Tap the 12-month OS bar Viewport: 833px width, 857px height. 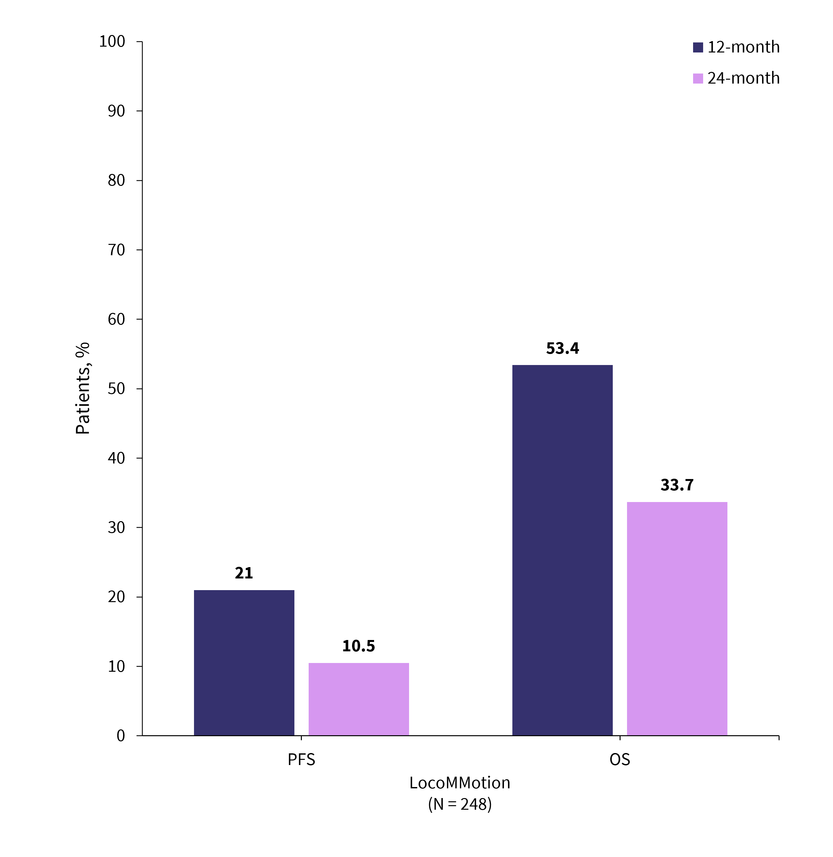pos(562,550)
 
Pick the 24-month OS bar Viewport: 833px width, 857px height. pos(677,619)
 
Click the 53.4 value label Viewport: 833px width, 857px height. pos(562,349)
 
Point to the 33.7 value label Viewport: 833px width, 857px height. pos(677,485)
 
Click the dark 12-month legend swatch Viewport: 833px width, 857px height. pos(698,47)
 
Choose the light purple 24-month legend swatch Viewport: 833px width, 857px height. pos(698,78)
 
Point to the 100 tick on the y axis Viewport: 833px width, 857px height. pos(112,41)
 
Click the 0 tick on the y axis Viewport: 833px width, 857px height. pos(121,736)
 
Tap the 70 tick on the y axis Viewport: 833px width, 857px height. pos(116,250)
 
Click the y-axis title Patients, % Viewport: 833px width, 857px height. pos(83,388)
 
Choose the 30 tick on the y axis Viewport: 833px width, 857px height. pos(116,528)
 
